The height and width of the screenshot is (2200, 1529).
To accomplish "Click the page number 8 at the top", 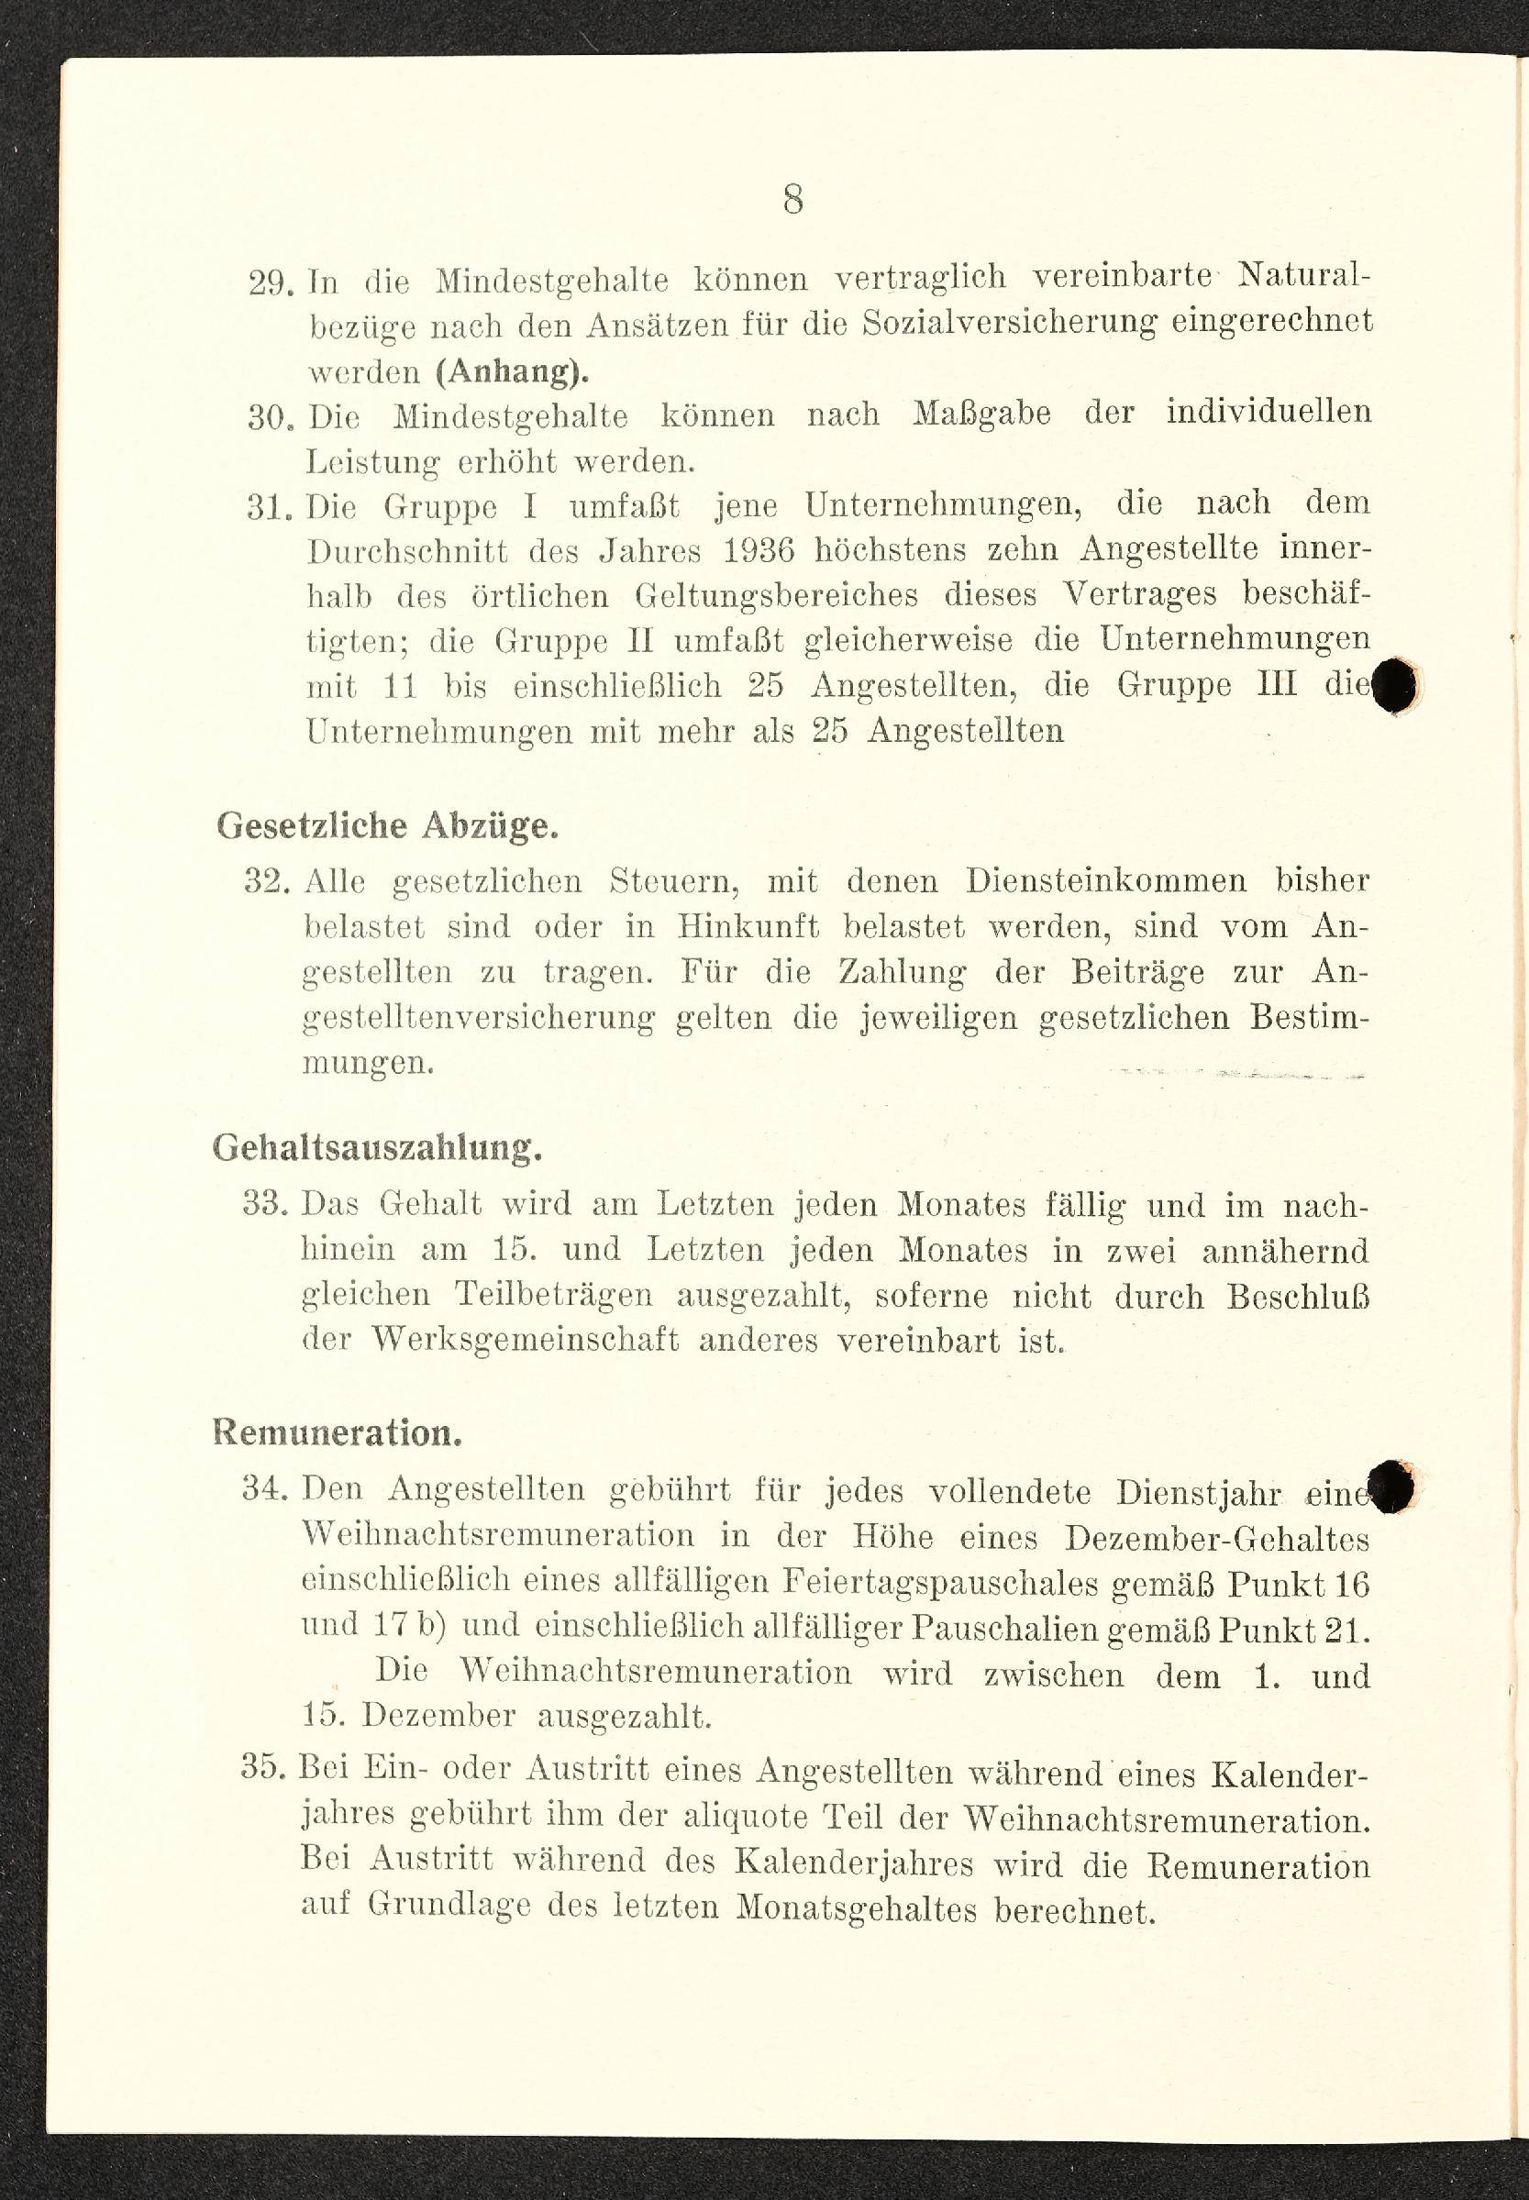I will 792,199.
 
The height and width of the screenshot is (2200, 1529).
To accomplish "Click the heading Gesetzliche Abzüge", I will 387,825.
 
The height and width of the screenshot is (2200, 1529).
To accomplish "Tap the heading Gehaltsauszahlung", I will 378,1147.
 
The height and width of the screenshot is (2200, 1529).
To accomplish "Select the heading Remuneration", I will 338,1432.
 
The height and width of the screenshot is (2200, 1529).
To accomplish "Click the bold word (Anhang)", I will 513,370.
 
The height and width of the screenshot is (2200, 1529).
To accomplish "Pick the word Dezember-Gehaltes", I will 1216,1537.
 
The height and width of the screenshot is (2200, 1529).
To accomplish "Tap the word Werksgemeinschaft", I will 525,1340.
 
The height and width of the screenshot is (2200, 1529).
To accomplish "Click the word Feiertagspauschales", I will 940,1582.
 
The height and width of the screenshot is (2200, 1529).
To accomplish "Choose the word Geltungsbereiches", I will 777,596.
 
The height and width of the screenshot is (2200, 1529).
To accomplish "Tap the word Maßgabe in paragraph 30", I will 981,414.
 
